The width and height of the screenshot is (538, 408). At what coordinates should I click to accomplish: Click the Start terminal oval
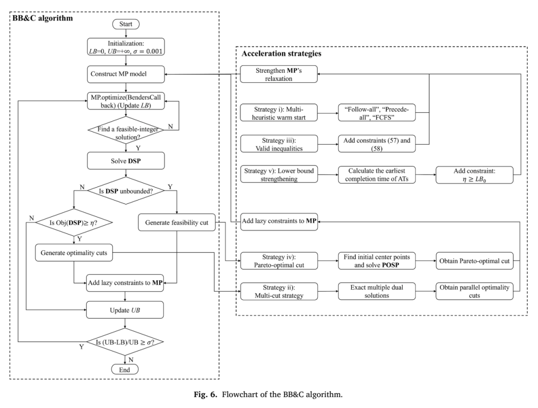(126, 24)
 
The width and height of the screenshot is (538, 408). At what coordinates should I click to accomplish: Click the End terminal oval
(125, 370)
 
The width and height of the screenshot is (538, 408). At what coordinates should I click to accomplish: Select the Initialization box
(126, 47)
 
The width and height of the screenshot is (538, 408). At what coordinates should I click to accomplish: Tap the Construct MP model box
(126, 74)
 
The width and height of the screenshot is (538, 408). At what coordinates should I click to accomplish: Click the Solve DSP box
(126, 161)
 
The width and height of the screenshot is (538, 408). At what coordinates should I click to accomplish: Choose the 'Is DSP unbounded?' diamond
(126, 191)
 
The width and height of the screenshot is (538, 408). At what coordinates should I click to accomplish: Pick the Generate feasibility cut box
(177, 222)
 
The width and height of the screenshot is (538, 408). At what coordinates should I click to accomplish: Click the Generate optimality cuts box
(74, 253)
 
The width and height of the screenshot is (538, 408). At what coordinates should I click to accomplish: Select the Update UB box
(125, 310)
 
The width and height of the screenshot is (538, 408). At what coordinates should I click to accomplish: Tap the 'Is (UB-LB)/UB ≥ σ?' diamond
(125, 342)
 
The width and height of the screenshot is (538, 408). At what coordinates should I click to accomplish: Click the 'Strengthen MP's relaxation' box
(278, 74)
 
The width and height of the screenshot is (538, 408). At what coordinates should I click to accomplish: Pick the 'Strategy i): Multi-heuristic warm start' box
(278, 113)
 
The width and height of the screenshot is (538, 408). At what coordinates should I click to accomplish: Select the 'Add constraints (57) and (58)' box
(377, 144)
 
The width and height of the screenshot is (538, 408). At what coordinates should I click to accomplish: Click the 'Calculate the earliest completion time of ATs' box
(377, 175)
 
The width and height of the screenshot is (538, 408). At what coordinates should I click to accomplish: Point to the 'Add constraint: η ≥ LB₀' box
(475, 175)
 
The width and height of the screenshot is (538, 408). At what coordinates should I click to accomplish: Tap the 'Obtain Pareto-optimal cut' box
(475, 261)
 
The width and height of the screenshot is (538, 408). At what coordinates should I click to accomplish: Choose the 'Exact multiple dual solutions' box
(377, 291)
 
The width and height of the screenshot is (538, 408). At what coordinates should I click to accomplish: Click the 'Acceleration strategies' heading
(281, 53)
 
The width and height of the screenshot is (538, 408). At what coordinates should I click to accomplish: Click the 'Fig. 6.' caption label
(206, 394)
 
